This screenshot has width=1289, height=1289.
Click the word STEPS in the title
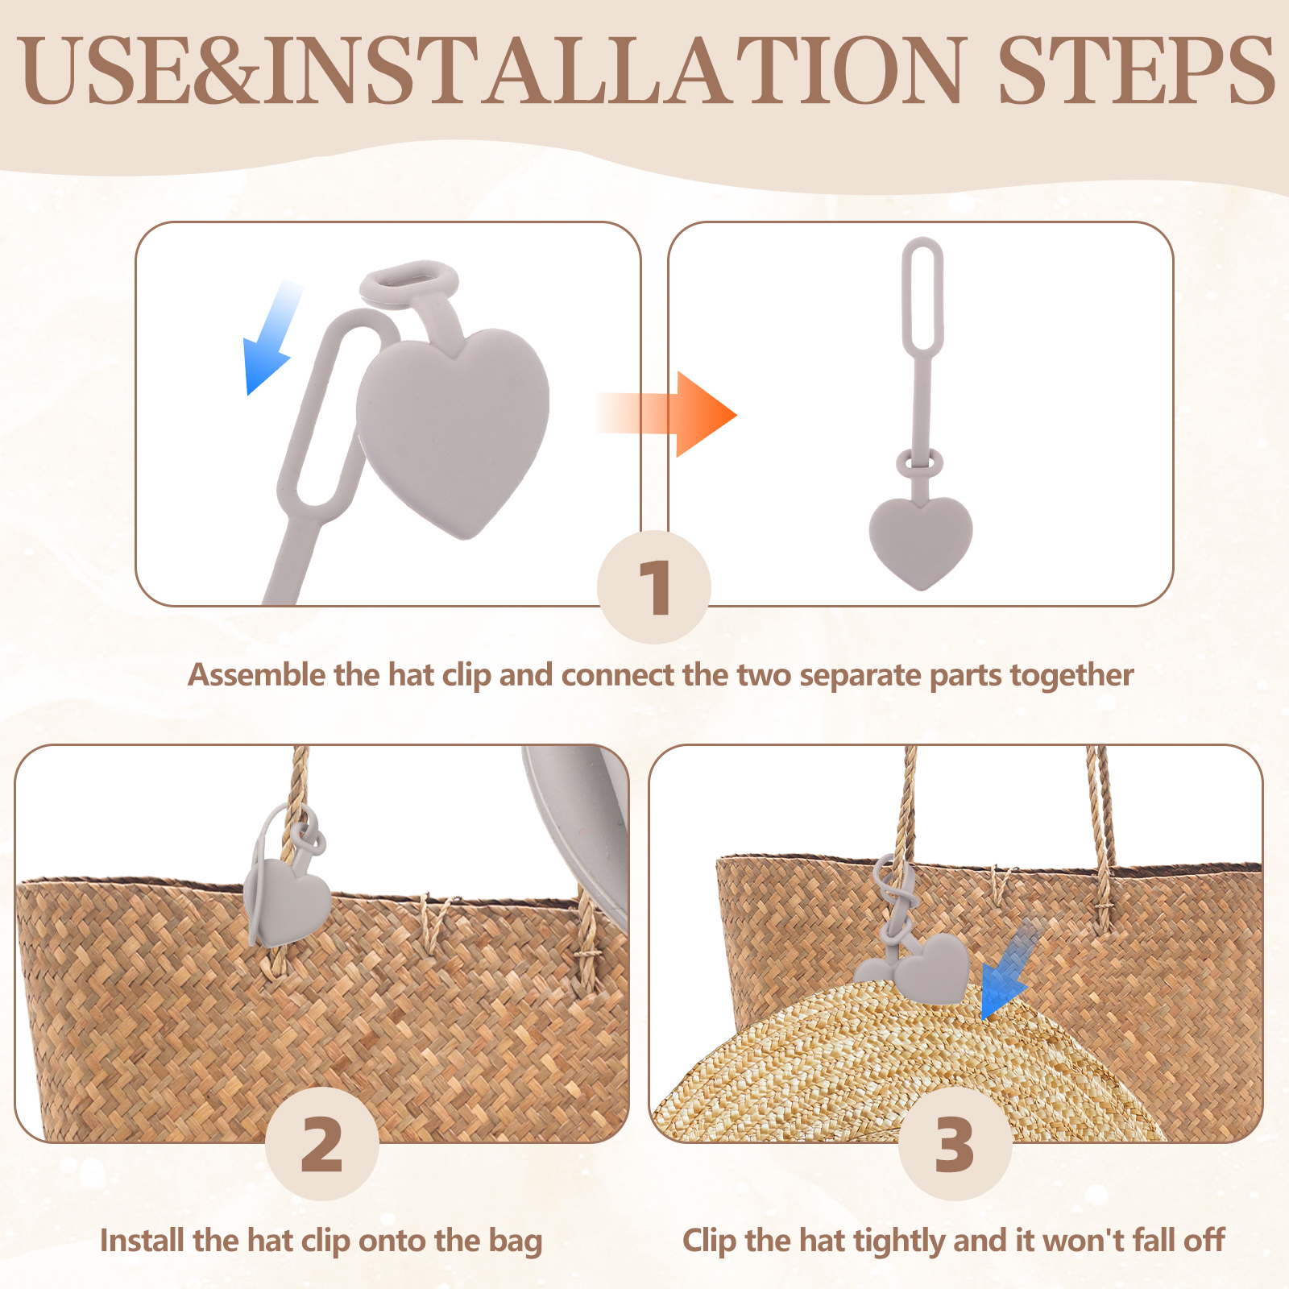coord(1136,70)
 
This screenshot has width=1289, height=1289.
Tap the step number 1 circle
coord(654,586)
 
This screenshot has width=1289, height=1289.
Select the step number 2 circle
coord(322,1143)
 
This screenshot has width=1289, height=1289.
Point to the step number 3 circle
coord(955,1143)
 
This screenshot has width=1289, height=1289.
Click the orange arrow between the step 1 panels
coord(666,414)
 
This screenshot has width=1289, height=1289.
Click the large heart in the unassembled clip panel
coord(453,427)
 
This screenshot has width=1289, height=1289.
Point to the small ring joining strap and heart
coord(919,463)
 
